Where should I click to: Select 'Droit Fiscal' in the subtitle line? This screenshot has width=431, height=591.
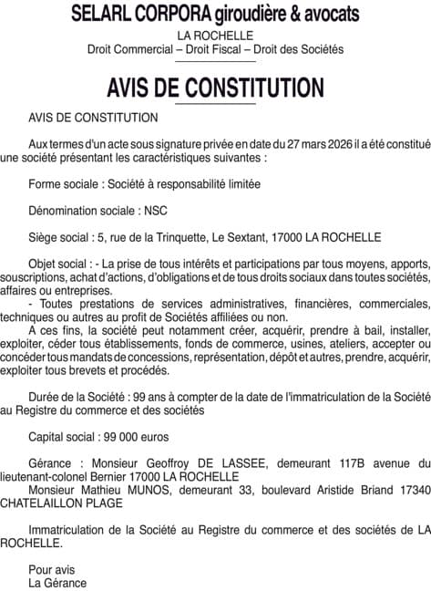(x=216, y=48)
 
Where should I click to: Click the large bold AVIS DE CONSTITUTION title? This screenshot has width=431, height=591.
(x=215, y=88)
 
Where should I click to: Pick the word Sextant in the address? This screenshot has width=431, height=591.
(x=251, y=237)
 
